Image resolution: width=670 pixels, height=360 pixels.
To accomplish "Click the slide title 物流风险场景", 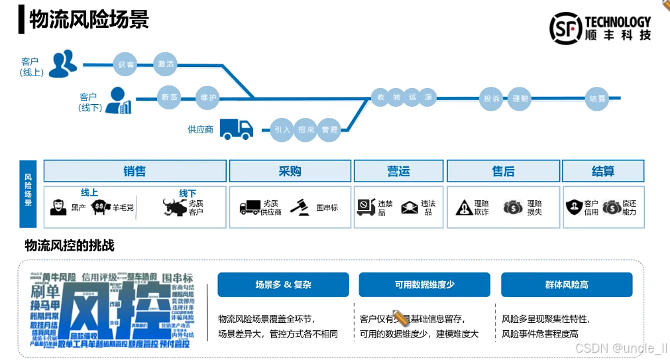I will (89, 19).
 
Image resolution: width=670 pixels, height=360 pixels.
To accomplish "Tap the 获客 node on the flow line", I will (126, 64).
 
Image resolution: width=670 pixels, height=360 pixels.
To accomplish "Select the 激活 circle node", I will (166, 64).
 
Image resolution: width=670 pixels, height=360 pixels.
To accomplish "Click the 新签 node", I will (170, 97).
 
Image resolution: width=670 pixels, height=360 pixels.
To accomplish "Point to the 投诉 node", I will (492, 99).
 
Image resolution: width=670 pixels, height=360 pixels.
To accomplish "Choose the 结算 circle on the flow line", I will (597, 99).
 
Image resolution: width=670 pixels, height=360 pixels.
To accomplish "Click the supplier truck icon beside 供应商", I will (236, 129).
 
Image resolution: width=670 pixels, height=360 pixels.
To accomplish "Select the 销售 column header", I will (135, 171).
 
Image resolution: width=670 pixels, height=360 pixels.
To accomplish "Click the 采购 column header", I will (290, 171).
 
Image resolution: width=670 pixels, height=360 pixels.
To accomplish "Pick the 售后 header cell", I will (503, 171).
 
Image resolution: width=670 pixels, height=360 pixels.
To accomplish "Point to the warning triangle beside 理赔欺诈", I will (464, 208).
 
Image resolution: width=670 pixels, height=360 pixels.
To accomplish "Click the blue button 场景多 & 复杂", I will (283, 284).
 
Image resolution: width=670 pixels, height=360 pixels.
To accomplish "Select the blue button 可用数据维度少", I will (424, 284).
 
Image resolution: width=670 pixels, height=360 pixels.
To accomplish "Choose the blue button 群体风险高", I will (566, 284).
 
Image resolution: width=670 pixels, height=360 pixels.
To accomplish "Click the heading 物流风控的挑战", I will (70, 246).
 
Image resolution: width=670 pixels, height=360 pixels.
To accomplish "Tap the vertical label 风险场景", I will (28, 190).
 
